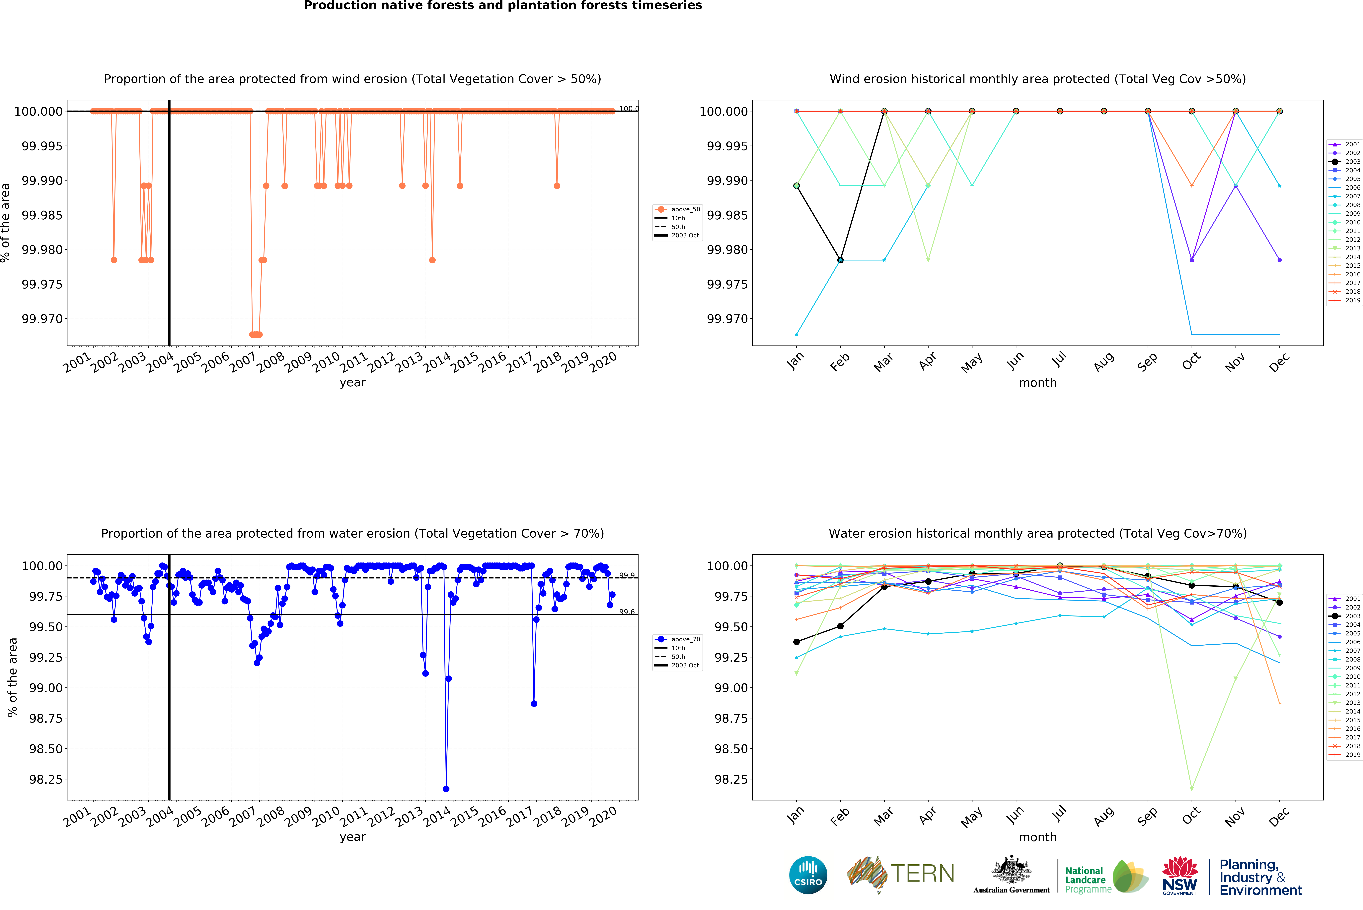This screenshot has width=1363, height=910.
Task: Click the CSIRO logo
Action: pyautogui.click(x=808, y=875)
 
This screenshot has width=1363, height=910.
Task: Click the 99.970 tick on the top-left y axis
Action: pyautogui.click(x=42, y=319)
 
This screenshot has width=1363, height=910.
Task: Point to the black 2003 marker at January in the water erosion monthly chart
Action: pyautogui.click(x=796, y=642)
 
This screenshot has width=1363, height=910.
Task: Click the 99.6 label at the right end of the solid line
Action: pyautogui.click(x=627, y=612)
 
